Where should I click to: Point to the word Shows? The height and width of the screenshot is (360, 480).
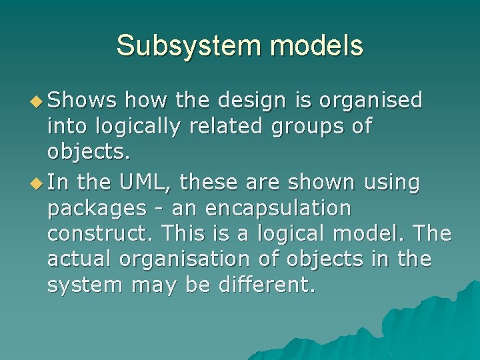83,101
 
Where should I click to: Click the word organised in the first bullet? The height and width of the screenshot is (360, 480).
371,101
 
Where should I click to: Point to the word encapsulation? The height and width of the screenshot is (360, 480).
278,209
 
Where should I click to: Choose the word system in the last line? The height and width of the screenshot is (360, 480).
85,286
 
